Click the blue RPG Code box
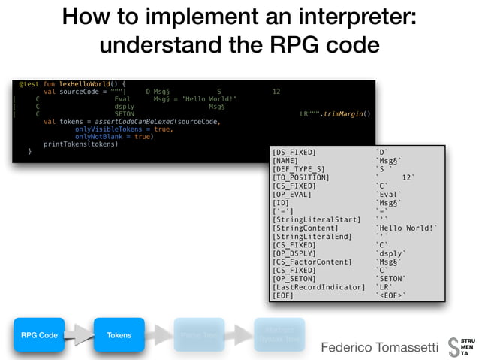[39, 335]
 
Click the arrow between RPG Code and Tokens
[80, 335]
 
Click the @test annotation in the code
[29, 83]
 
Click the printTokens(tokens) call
[80, 144]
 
